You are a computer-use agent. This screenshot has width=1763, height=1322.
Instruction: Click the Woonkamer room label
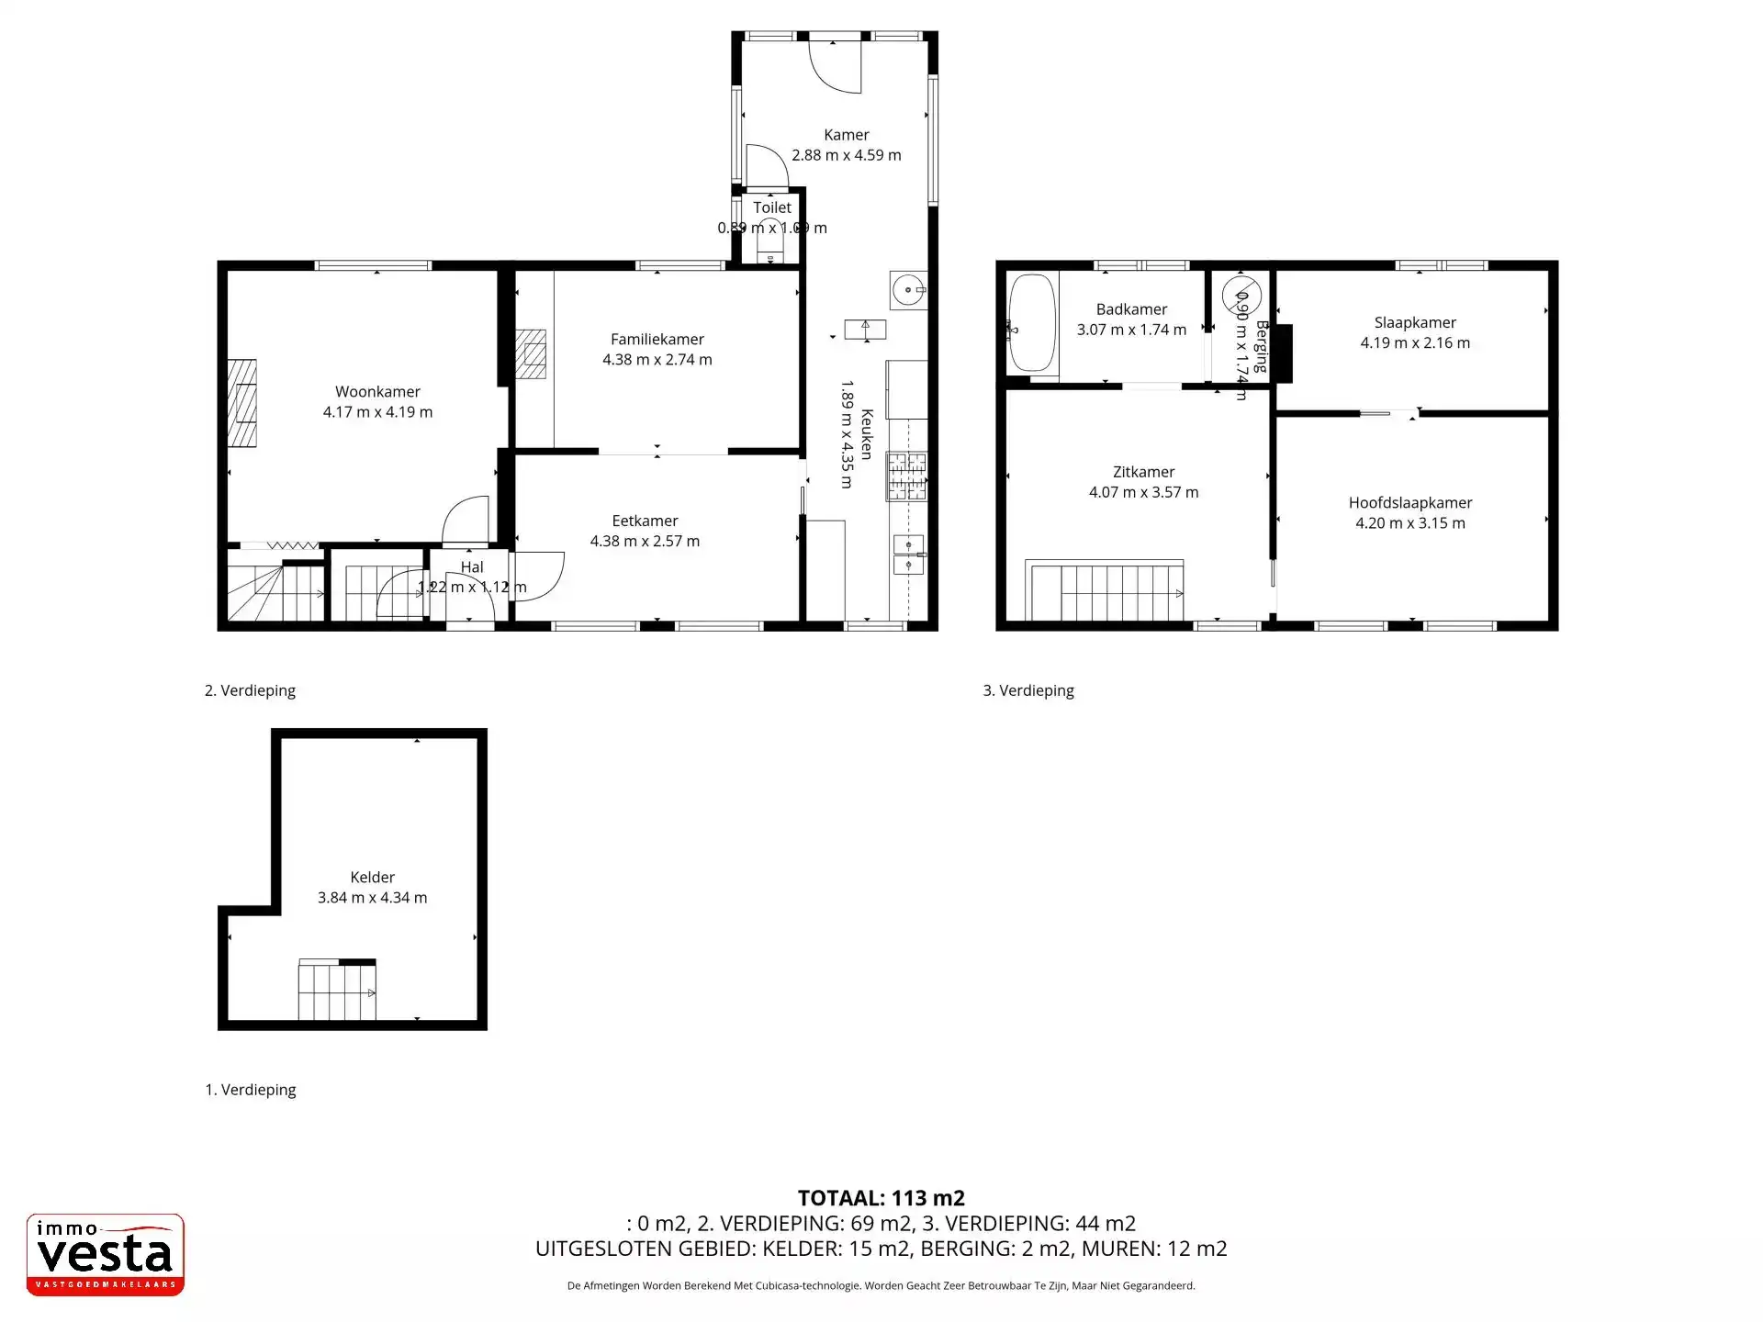click(x=377, y=392)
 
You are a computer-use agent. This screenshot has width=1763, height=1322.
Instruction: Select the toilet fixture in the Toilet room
click(x=769, y=241)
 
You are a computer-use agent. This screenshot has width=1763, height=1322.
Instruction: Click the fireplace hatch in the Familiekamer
click(x=530, y=353)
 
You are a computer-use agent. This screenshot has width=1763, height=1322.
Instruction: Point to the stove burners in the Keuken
click(x=907, y=476)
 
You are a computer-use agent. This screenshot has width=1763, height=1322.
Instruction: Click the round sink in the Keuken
click(x=907, y=291)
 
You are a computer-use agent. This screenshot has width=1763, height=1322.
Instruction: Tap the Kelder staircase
click(x=337, y=990)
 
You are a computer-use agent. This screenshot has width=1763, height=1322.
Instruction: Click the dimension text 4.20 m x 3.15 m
click(x=1410, y=523)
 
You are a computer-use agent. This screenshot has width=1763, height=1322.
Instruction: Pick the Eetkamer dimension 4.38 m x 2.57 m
click(x=645, y=542)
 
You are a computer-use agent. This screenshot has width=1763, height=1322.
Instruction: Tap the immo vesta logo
click(x=106, y=1254)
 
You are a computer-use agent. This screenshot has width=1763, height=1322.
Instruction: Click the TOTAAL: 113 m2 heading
click(x=881, y=1198)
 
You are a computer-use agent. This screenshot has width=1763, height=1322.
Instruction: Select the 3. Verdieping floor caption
click(x=1028, y=690)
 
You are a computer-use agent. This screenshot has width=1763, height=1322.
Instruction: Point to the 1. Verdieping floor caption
click(x=251, y=1090)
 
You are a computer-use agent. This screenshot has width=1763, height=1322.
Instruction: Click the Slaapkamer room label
click(x=1415, y=322)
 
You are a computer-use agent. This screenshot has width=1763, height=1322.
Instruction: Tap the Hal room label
click(x=472, y=567)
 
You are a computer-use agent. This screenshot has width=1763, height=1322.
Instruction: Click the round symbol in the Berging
click(x=1241, y=296)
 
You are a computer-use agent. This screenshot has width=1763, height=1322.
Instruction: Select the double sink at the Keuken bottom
click(x=908, y=555)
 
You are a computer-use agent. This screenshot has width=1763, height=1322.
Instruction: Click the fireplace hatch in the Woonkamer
click(x=242, y=402)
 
